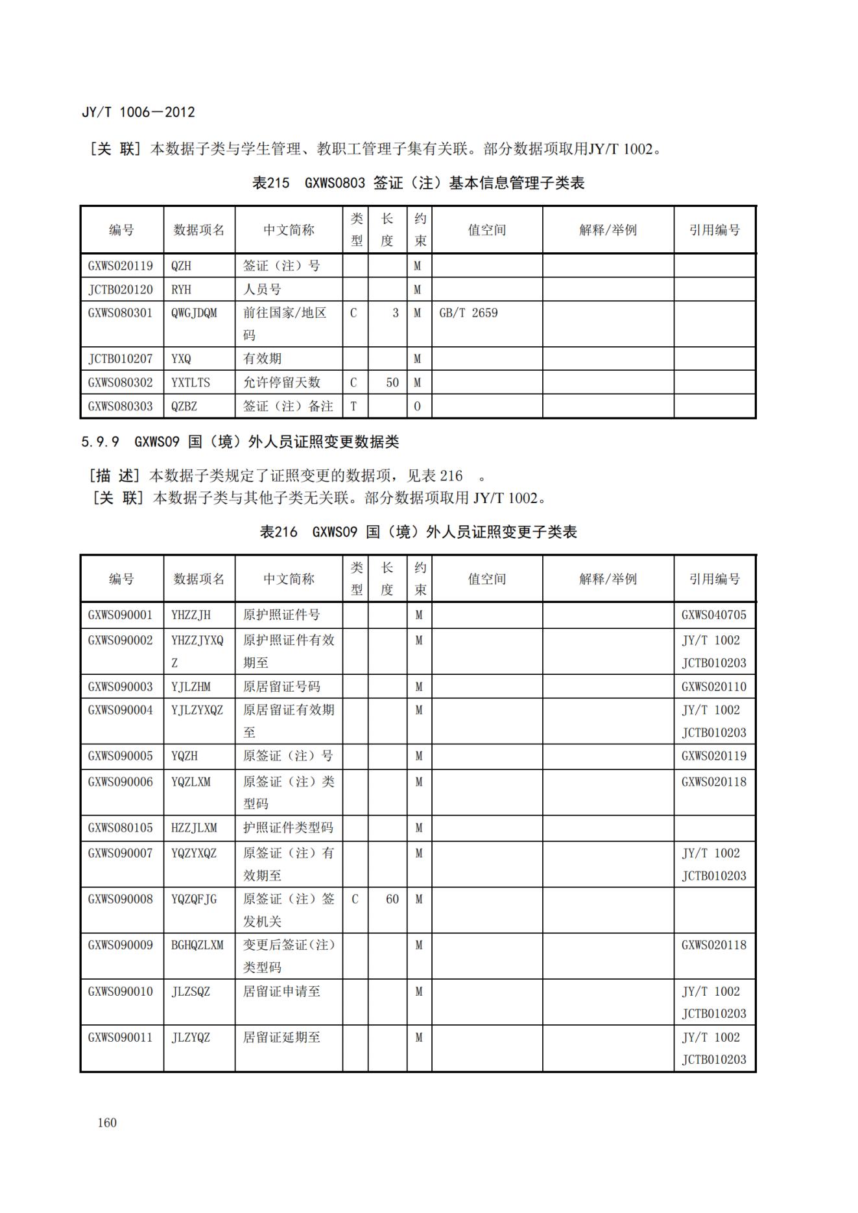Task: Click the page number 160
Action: (107, 1122)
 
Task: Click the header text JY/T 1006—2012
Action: (138, 112)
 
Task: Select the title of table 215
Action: (418, 183)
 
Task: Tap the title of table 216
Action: (418, 532)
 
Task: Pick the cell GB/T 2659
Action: (468, 312)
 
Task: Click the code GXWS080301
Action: (121, 312)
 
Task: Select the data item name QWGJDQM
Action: (194, 312)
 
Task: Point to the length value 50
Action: (392, 383)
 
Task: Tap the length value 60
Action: (392, 899)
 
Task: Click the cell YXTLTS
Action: (191, 383)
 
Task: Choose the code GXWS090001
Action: (121, 615)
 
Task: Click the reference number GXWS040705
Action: (713, 615)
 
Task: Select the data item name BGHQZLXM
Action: (197, 945)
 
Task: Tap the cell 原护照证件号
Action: (281, 615)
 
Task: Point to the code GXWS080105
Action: (121, 828)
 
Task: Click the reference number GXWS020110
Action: (713, 687)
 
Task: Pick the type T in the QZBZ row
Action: (353, 406)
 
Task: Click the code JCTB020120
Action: (121, 289)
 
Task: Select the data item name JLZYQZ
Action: (191, 1037)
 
